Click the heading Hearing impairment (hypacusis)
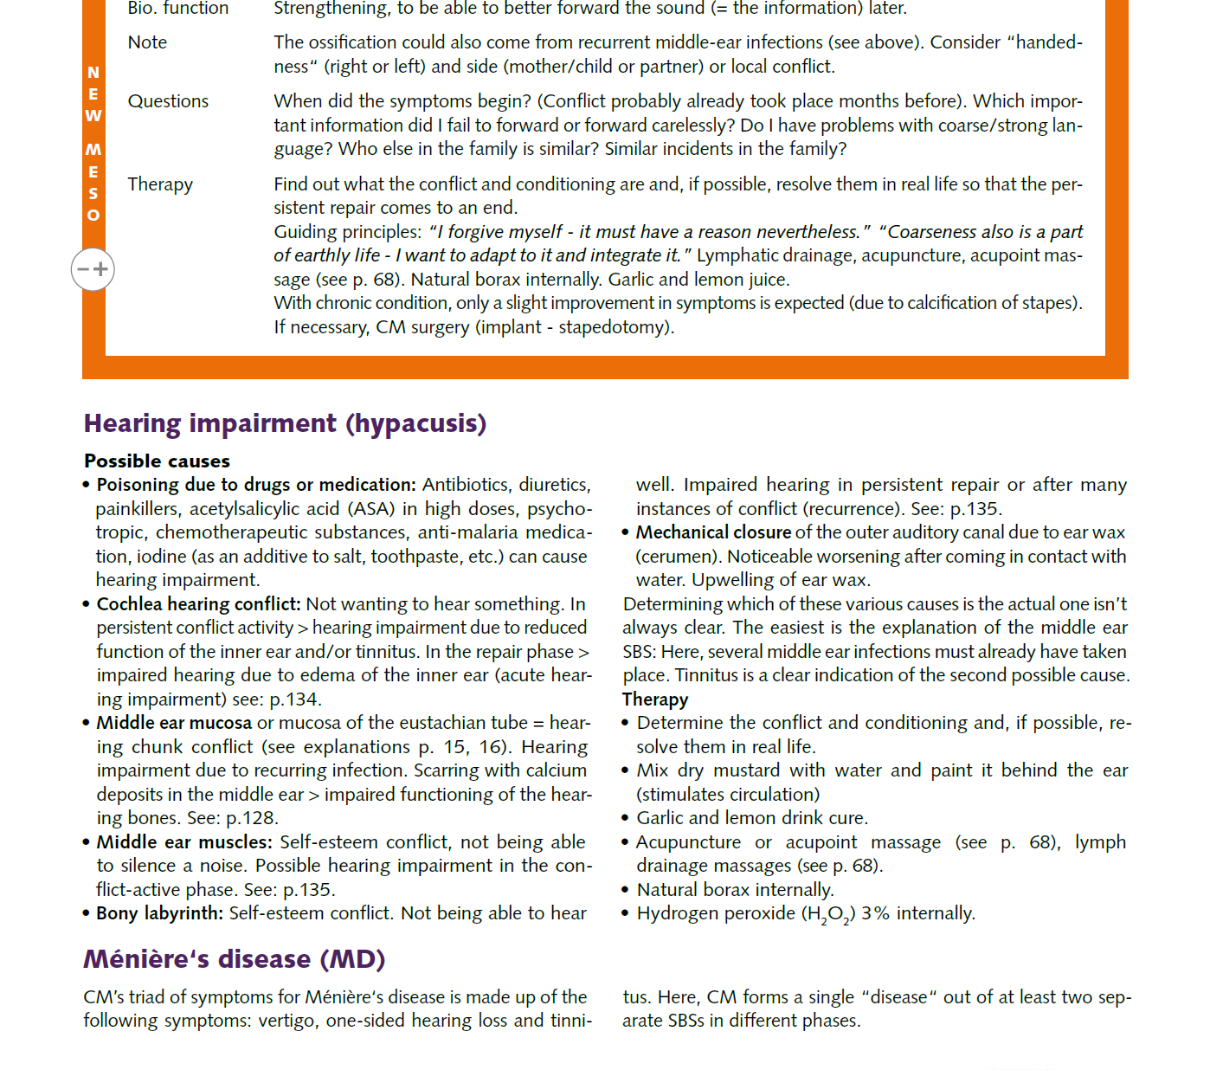click(x=285, y=423)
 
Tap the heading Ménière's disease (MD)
click(x=234, y=959)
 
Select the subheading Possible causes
click(x=157, y=461)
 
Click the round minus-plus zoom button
click(x=93, y=269)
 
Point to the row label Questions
click(x=168, y=101)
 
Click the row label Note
click(x=147, y=42)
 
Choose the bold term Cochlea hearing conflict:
click(x=198, y=604)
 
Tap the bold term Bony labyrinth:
click(x=159, y=913)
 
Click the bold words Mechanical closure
click(x=713, y=532)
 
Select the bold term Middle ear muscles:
click(x=184, y=842)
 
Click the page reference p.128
click(x=251, y=818)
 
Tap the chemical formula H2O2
click(x=829, y=914)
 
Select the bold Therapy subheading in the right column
click(x=655, y=699)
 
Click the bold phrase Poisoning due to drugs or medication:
click(x=256, y=485)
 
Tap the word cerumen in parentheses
click(x=678, y=557)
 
